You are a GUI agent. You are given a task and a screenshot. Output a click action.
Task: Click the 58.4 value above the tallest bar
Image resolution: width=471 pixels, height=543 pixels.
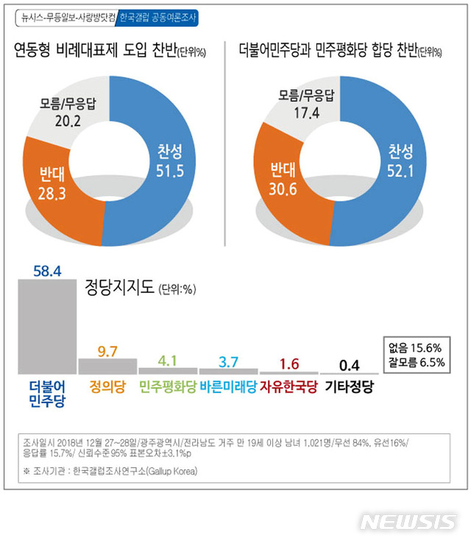tap(46, 271)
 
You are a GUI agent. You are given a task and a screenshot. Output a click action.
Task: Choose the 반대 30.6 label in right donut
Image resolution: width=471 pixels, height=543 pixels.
tap(283, 180)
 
